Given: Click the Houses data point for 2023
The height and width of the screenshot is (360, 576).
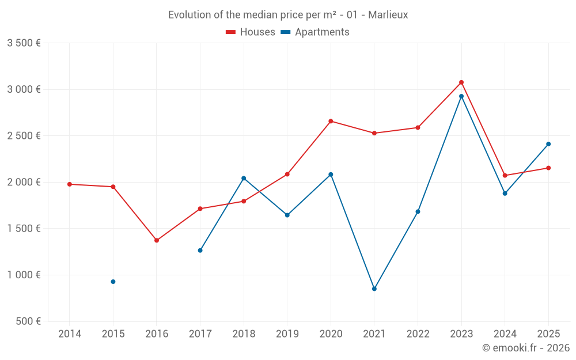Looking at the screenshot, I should point(461,82).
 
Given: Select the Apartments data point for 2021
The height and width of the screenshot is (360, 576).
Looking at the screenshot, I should point(374,289).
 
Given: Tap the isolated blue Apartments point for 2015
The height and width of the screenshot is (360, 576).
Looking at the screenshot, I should point(113,282).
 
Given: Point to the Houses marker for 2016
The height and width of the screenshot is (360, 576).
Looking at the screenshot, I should point(157,240).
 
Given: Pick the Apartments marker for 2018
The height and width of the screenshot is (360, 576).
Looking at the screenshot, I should point(244,178).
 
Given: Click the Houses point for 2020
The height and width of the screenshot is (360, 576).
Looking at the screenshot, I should point(331,121).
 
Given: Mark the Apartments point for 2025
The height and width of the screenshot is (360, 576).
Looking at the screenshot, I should point(548,144).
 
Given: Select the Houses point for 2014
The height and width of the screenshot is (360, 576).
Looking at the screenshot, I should point(70,184).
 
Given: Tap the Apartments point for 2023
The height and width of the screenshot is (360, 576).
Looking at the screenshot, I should point(461,96).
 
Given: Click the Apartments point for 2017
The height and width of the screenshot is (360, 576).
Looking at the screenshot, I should point(200,251).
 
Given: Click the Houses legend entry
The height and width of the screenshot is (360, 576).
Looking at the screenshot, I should point(251,32).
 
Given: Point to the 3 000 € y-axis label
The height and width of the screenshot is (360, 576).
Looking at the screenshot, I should point(24,89).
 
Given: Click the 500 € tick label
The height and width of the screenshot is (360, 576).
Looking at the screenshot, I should point(27,321).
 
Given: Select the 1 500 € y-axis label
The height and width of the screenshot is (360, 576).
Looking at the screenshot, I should point(24,229).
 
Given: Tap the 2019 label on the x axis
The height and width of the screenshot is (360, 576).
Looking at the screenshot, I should point(287,334).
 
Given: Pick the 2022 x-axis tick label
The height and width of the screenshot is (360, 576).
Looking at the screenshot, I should point(418,334).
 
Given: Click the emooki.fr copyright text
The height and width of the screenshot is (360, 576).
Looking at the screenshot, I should point(525,348).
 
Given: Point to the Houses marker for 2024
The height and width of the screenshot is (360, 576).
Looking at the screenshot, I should point(505,176).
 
